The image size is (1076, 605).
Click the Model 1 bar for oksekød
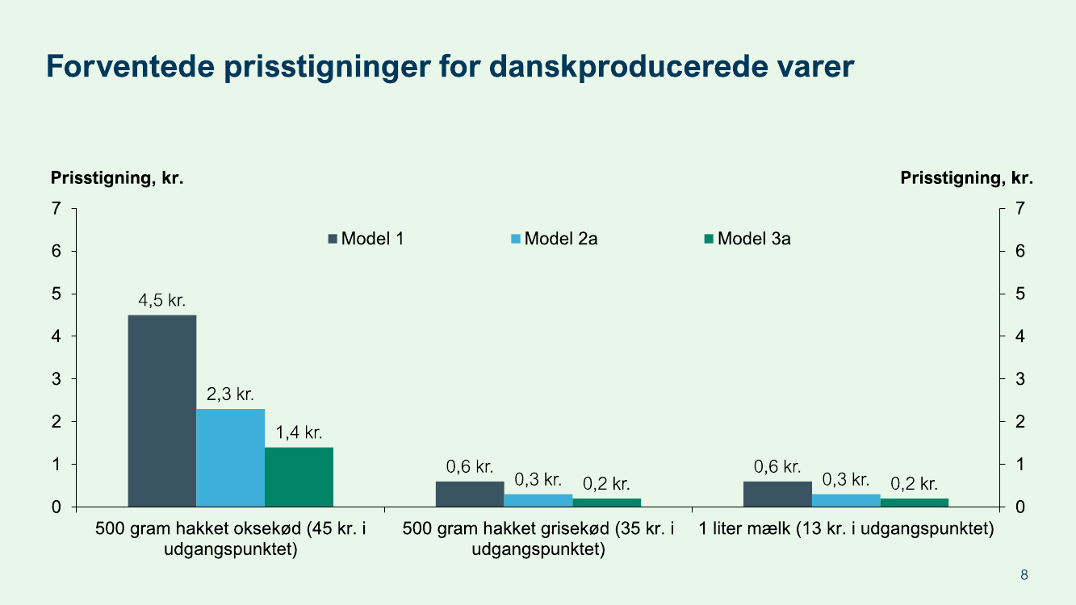[162, 411]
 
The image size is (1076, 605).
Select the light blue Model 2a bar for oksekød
[231, 457]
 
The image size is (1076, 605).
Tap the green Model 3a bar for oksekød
[299, 477]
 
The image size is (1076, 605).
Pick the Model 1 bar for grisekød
[470, 494]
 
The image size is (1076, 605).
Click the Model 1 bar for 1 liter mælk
[777, 494]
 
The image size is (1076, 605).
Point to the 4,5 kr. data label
[162, 302]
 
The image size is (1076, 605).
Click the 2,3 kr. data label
[231, 395]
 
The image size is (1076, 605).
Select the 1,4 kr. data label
[299, 433]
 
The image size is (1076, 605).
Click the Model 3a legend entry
[747, 239]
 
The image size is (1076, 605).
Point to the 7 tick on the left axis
[57, 208]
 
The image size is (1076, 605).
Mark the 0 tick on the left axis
[57, 507]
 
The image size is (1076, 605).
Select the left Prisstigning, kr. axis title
[118, 178]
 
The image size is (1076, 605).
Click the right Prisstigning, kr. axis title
[966, 178]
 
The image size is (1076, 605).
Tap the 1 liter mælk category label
[846, 530]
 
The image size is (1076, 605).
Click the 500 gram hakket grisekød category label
[538, 540]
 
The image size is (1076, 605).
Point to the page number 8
[1024, 575]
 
